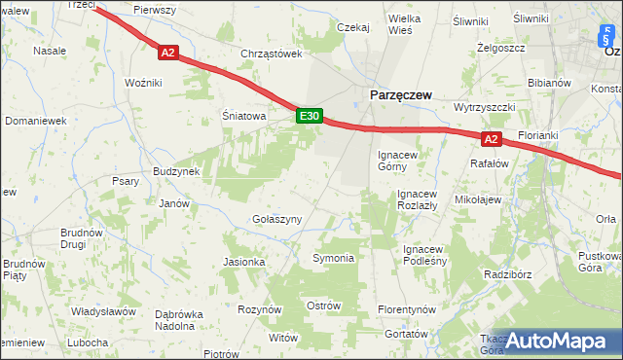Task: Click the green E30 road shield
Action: pyautogui.click(x=309, y=117)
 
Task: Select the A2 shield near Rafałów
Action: pyautogui.click(x=491, y=140)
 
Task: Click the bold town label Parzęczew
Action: pyautogui.click(x=400, y=95)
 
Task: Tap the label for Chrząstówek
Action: pyautogui.click(x=273, y=54)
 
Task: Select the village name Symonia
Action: pyautogui.click(x=333, y=259)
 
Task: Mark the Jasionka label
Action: pyautogui.click(x=244, y=262)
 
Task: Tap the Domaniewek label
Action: pyautogui.click(x=35, y=121)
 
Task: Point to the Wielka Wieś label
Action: pyautogui.click(x=413, y=24)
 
